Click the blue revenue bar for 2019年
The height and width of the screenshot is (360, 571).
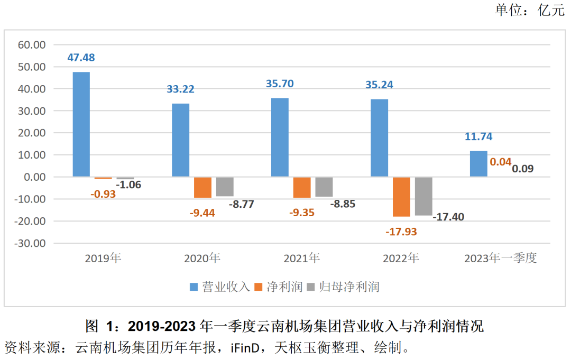81,124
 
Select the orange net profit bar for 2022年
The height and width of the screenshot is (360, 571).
401,197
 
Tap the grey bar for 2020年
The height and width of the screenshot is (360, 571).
225,187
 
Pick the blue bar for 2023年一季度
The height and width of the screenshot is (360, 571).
478,164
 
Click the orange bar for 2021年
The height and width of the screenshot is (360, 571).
302,187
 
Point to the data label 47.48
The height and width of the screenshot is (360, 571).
81,58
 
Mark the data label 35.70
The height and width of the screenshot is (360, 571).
280,84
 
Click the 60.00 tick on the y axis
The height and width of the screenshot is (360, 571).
32,45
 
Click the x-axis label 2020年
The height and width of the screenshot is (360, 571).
202,259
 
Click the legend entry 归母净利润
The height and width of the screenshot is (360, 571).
349,287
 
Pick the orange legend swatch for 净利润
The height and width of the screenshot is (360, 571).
259,287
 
